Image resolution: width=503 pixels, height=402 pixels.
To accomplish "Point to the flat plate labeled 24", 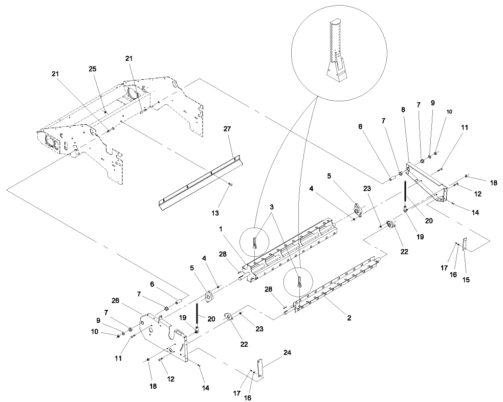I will pyautogui.click(x=260, y=368).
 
